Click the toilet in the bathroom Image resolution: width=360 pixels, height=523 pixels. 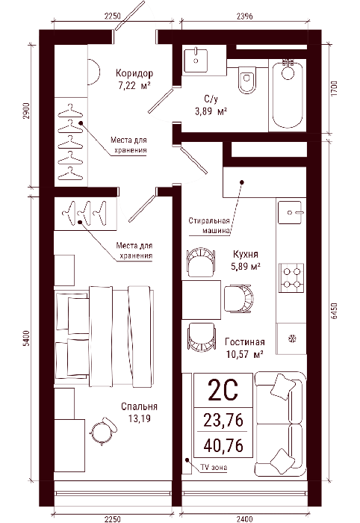point(247,79)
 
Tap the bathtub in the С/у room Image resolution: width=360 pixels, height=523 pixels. point(288,94)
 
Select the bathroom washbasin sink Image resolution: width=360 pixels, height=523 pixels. point(196,60)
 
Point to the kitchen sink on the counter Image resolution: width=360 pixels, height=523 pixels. point(290,212)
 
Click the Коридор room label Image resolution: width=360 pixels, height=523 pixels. point(134,72)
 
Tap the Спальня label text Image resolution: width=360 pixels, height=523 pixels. point(139,406)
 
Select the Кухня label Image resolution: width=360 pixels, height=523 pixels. point(245,254)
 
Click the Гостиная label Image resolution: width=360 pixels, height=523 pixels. point(245,342)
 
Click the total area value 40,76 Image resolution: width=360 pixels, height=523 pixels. point(223,445)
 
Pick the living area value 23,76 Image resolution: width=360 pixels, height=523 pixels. point(223,420)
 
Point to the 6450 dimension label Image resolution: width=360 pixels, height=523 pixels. point(334,311)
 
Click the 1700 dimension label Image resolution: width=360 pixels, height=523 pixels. point(334,89)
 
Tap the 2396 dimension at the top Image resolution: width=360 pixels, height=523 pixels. point(245,16)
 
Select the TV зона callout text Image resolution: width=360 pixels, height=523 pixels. point(214,467)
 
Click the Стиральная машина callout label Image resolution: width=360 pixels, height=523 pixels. point(209,226)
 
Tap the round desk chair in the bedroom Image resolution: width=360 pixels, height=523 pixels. point(103,430)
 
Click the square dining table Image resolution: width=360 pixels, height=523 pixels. point(202,300)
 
